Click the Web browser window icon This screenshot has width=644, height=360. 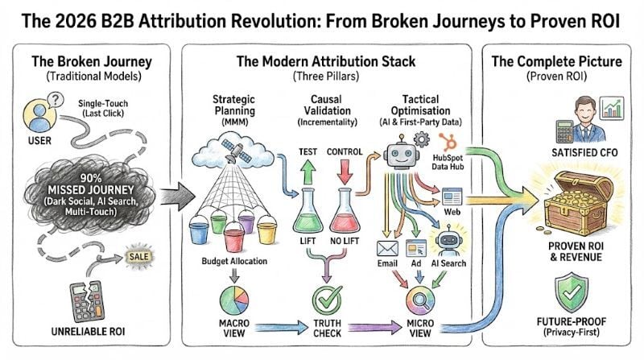click(450, 196)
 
